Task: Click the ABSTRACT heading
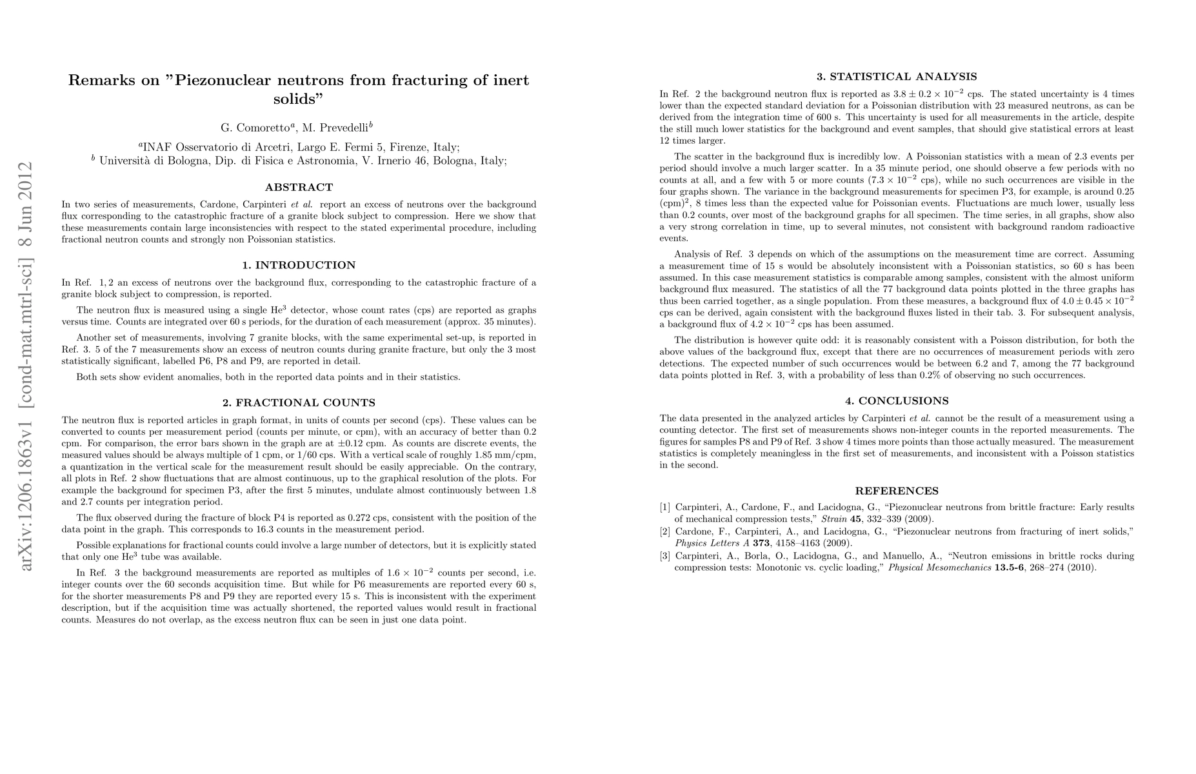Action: [x=299, y=188]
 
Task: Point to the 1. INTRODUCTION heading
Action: [x=299, y=265]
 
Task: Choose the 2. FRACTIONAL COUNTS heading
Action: [x=299, y=403]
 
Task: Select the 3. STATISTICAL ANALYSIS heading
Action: [x=897, y=77]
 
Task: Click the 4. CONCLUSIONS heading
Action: [x=897, y=401]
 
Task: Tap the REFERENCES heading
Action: [x=897, y=491]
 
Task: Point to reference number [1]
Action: [x=665, y=507]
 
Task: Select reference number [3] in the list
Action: [x=665, y=555]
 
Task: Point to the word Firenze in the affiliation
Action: [x=407, y=146]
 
